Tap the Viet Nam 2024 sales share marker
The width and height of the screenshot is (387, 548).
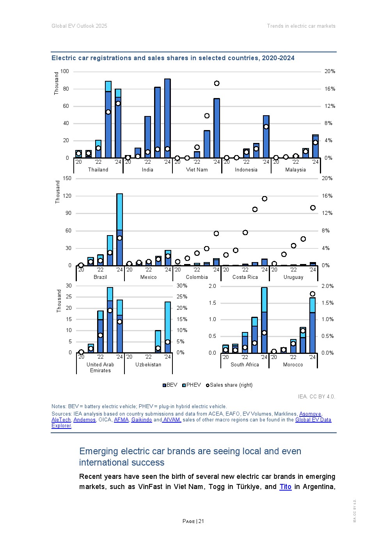coord(217,83)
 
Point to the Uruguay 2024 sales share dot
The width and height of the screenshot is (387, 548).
coord(313,208)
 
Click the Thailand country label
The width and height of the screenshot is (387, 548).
coord(98,170)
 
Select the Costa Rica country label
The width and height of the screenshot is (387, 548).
coord(245,277)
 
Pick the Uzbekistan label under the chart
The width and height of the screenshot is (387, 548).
coord(148,365)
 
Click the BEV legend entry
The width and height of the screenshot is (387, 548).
coord(170,385)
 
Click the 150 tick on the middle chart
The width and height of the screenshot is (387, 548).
coord(67,179)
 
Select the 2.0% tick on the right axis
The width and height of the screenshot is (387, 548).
coord(327,286)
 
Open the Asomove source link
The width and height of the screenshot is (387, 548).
coord(310,414)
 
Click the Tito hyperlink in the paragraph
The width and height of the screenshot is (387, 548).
coord(285,487)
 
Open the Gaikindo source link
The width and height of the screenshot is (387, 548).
coord(142,420)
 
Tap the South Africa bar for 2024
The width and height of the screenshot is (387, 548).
coord(264,320)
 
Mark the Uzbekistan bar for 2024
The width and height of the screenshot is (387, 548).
coord(168,327)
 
